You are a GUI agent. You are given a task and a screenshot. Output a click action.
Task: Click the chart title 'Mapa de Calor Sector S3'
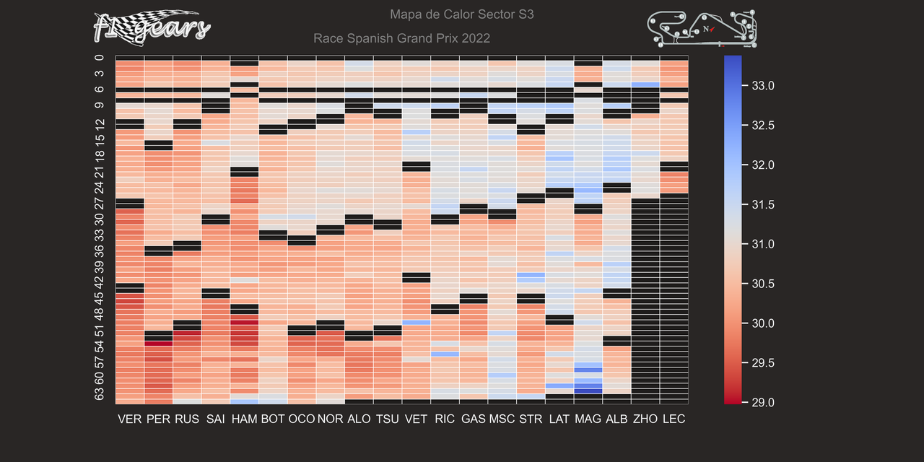(x=461, y=14)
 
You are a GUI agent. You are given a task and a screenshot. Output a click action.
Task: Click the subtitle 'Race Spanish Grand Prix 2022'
(x=401, y=38)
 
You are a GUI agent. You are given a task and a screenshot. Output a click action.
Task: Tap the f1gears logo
(x=152, y=27)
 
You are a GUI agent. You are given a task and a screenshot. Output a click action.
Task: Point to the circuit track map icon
(x=702, y=29)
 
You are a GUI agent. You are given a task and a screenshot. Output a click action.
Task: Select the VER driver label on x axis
(x=130, y=419)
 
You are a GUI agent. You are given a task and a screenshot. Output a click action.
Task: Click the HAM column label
(x=244, y=419)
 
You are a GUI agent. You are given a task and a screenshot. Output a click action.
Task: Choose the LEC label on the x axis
(x=674, y=419)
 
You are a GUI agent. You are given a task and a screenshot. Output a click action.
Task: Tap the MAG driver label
(x=588, y=419)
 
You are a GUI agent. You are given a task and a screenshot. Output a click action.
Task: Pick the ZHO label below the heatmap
(x=645, y=419)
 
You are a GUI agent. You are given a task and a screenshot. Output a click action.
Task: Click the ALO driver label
(x=359, y=419)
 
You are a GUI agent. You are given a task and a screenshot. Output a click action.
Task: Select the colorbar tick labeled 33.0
(x=763, y=86)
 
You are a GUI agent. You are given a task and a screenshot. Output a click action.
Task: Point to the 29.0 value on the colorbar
(x=763, y=402)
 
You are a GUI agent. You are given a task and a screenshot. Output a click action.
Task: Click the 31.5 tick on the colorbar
(x=763, y=205)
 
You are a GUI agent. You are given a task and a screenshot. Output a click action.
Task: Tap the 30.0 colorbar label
(x=763, y=323)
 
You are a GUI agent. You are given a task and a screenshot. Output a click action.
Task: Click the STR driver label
(x=531, y=419)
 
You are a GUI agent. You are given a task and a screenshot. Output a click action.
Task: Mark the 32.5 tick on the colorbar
(x=763, y=126)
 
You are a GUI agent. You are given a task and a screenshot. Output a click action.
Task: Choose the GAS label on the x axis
(x=474, y=419)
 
